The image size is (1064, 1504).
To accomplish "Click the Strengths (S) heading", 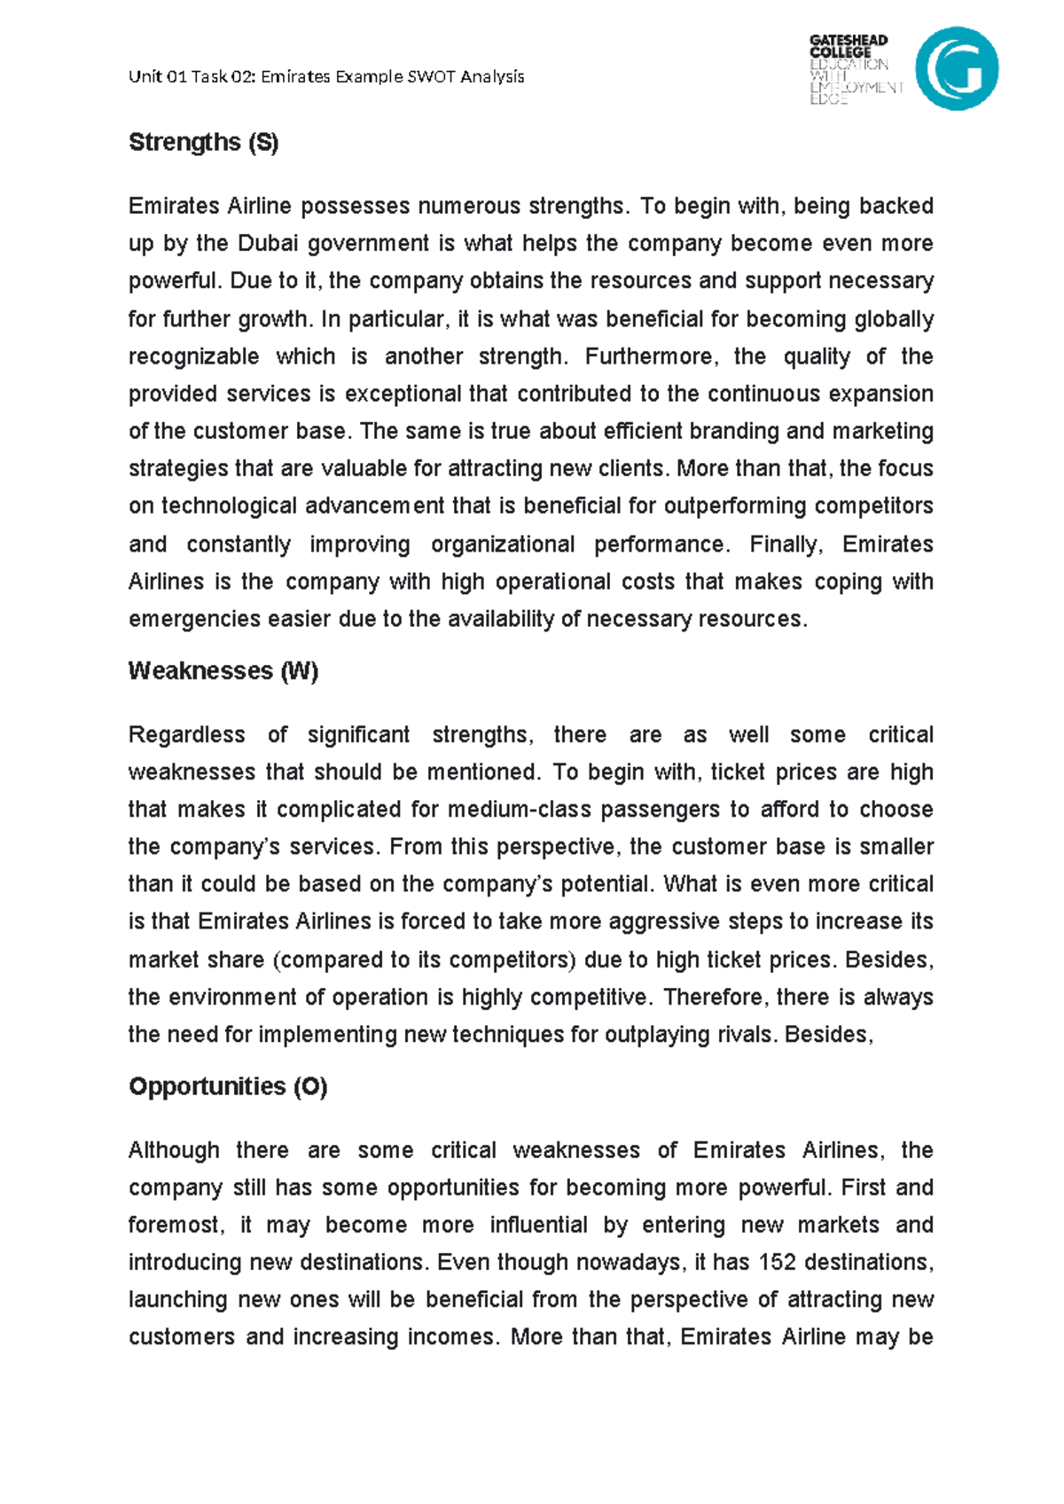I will pyautogui.click(x=203, y=143).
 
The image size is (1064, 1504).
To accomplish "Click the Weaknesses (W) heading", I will pyautogui.click(x=223, y=671).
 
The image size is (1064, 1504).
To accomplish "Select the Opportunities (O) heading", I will pyautogui.click(x=228, y=1087).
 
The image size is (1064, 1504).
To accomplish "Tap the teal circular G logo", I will pyautogui.click(x=957, y=68).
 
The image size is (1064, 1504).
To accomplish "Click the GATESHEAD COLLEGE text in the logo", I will pyautogui.click(x=848, y=46).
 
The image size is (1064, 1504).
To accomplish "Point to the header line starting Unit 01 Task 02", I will pyautogui.click(x=326, y=77).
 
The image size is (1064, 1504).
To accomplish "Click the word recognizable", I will pyautogui.click(x=193, y=356).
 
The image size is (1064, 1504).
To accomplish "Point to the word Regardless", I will pyautogui.click(x=186, y=735).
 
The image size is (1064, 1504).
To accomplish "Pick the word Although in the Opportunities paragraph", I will pyautogui.click(x=174, y=1151).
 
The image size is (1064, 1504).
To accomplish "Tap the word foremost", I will pyautogui.click(x=176, y=1226).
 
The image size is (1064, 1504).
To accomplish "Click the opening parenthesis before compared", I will pyautogui.click(x=276, y=960).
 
